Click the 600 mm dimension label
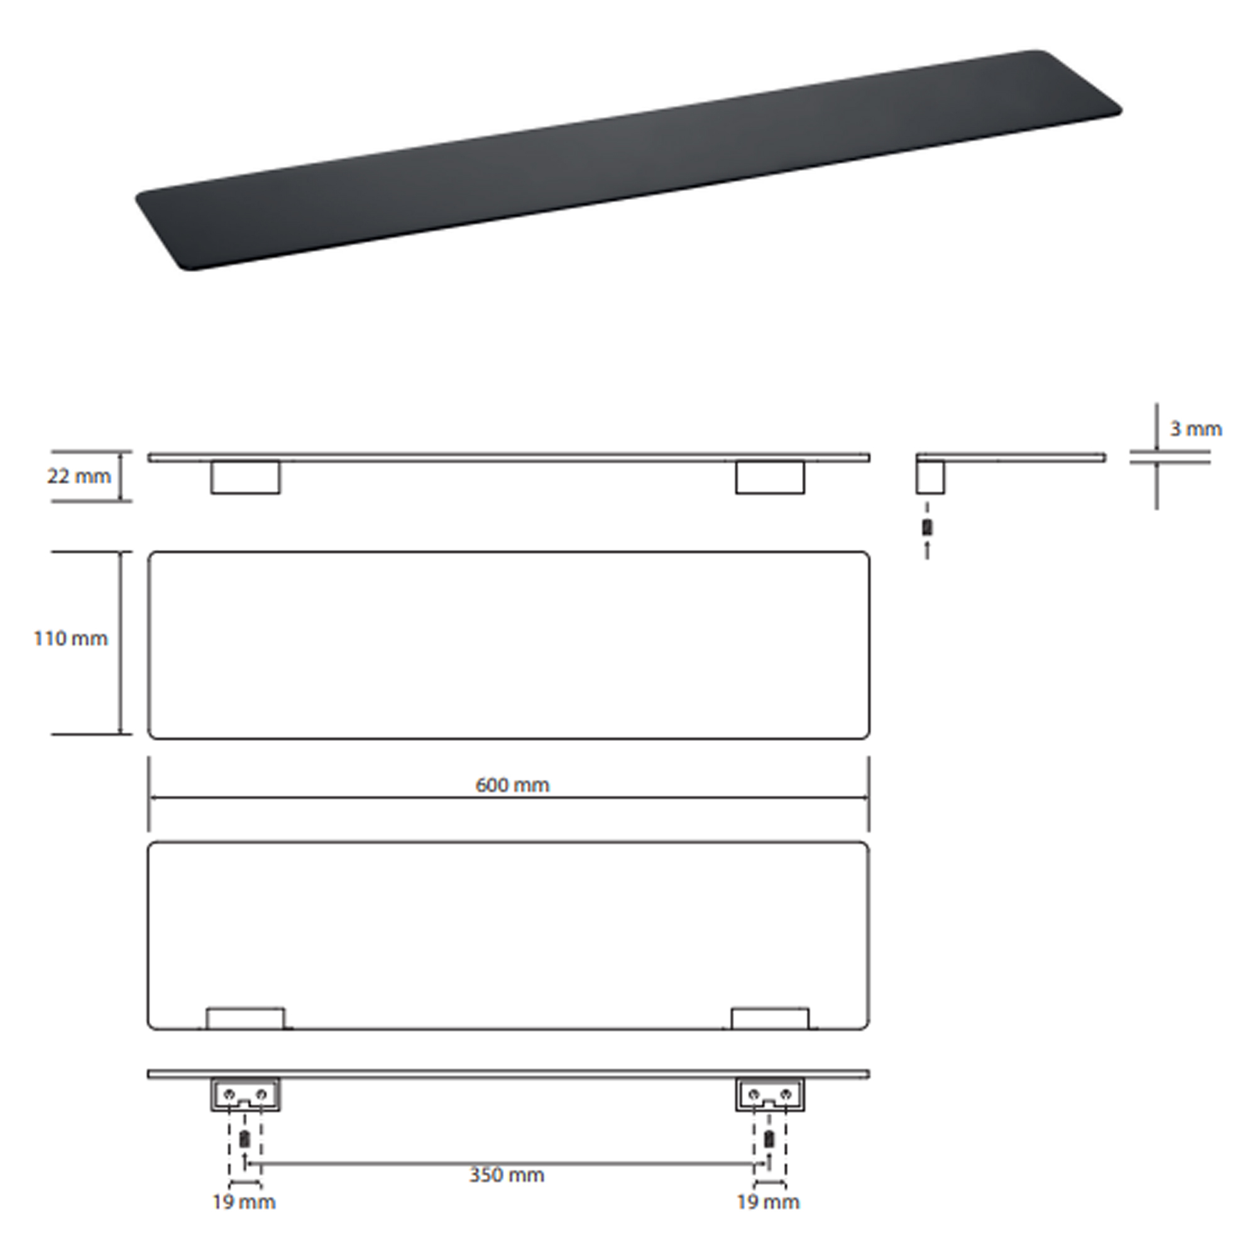coord(512,784)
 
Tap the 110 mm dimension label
coord(70,639)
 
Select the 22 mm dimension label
coord(79,476)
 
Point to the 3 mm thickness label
coord(1196,429)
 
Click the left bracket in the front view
coord(245,478)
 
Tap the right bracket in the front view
coord(770,478)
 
